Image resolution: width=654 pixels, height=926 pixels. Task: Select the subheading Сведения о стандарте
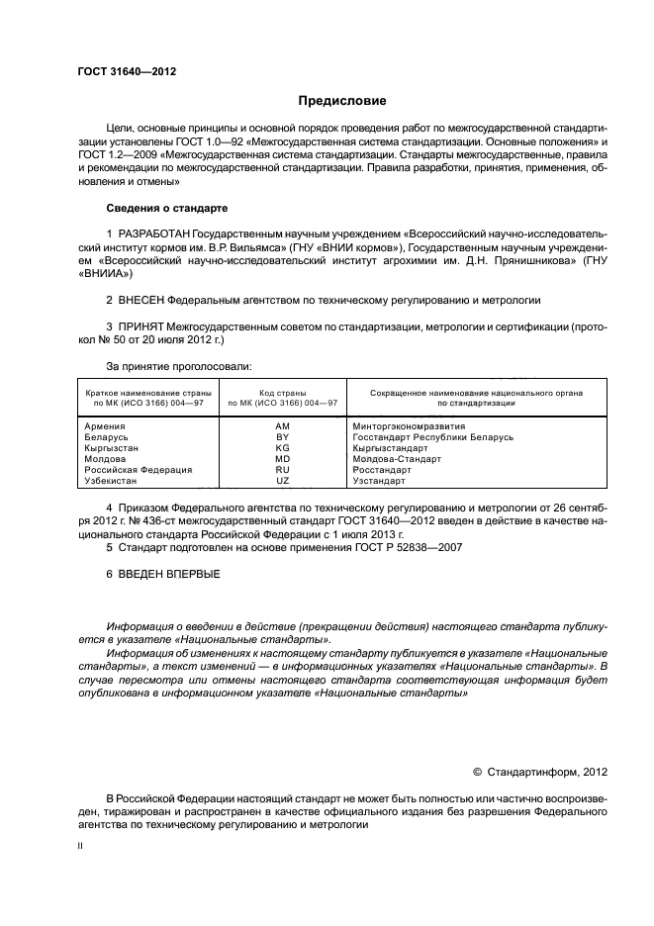pyautogui.click(x=166, y=209)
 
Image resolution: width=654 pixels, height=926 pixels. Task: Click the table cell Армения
pyautogui.click(x=106, y=425)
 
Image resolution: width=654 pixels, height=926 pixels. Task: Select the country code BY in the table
pyautogui.click(x=282, y=436)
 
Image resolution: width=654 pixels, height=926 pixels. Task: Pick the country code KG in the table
pyautogui.click(x=282, y=447)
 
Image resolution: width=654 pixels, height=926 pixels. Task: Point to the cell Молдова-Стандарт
pyautogui.click(x=396, y=458)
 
